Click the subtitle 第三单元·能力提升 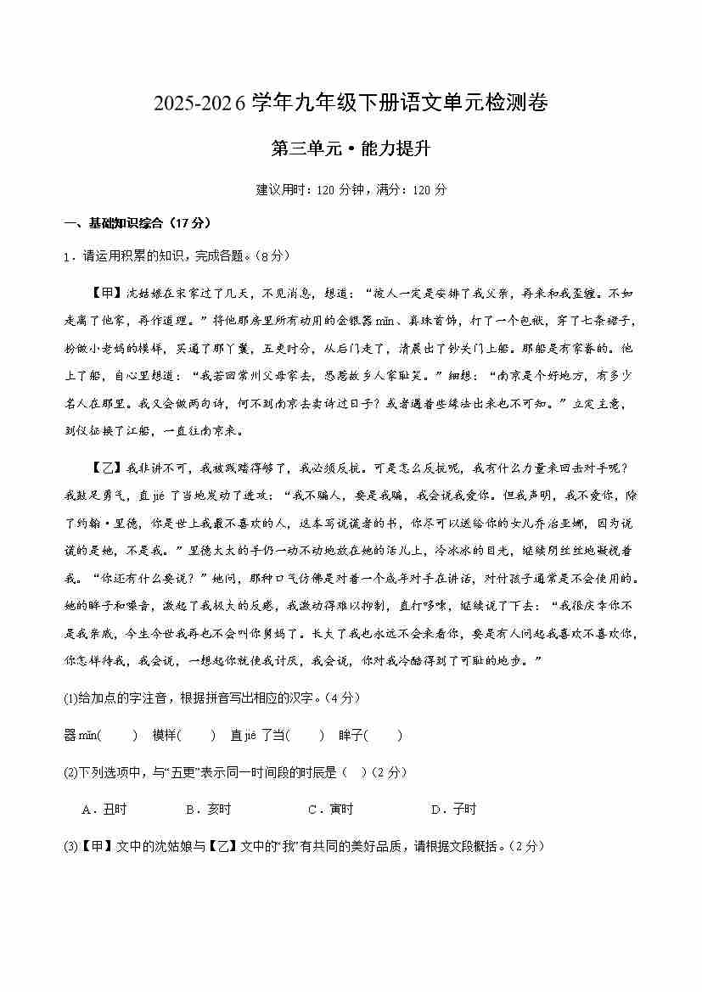pos(351,149)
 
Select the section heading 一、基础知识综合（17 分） pos(137,223)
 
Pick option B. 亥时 pos(209,810)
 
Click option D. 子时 pos(454,810)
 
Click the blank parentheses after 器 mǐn pos(118,736)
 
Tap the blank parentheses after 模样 pos(197,736)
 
